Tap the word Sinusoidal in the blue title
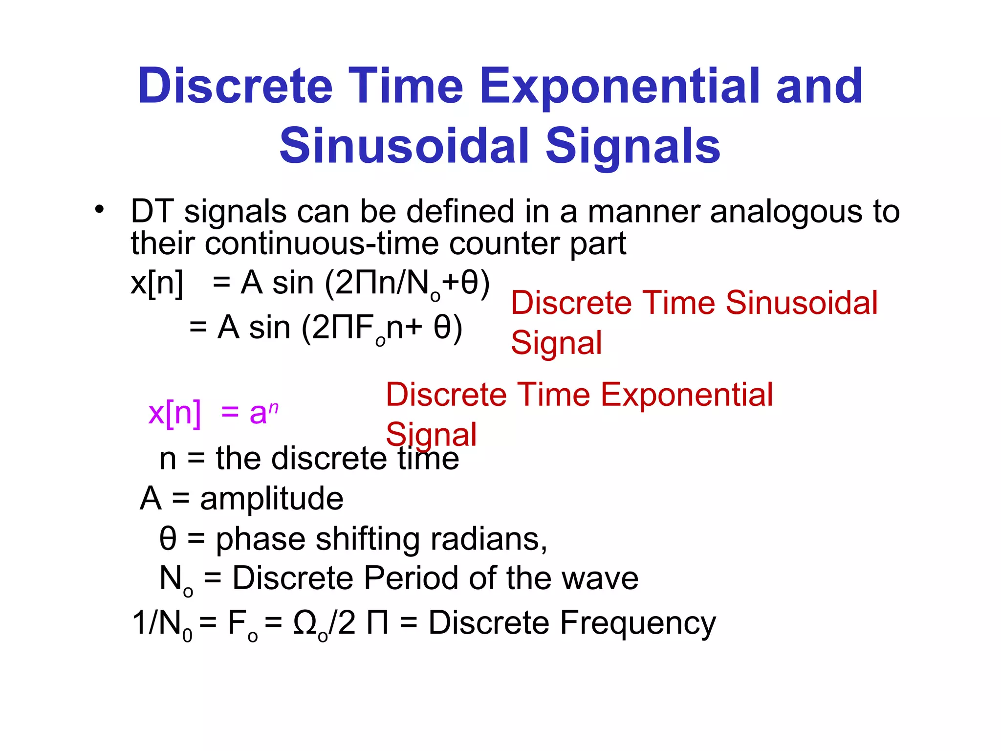click(x=404, y=146)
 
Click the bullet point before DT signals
click(x=100, y=210)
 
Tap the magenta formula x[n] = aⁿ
click(x=213, y=413)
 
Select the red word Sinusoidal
click(x=802, y=303)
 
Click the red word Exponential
click(x=686, y=395)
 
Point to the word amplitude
click(x=272, y=499)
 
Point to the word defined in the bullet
click(x=460, y=212)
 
